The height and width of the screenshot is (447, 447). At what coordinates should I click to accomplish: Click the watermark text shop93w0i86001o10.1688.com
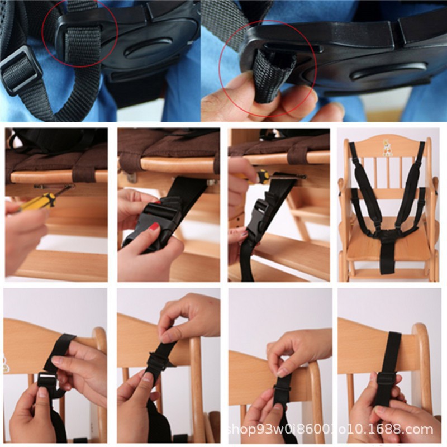(331, 429)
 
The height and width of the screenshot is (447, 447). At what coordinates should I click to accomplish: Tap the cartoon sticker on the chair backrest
(387, 147)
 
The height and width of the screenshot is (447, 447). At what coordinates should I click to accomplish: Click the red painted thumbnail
(154, 226)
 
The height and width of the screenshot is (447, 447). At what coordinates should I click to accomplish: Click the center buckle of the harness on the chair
(387, 235)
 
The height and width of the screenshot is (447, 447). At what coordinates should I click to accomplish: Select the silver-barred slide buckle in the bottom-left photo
(46, 379)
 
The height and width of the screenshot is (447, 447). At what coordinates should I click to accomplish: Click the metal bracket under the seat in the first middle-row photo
(54, 187)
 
